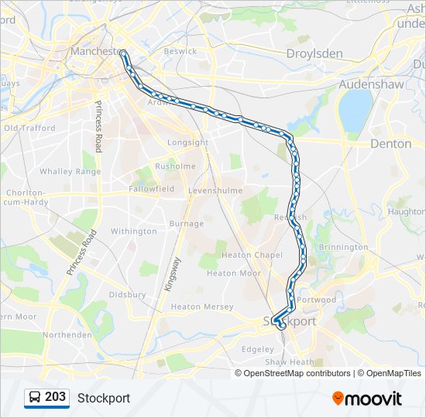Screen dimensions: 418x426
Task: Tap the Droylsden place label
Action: pyautogui.click(x=314, y=53)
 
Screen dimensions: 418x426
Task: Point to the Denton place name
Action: pyautogui.click(x=390, y=143)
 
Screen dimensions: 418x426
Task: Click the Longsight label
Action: pyautogui.click(x=187, y=143)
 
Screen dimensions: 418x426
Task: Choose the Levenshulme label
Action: pyautogui.click(x=215, y=190)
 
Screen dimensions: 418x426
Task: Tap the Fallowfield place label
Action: pyautogui.click(x=132, y=189)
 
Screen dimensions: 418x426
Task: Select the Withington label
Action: pyautogui.click(x=133, y=231)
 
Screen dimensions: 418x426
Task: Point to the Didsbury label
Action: pyautogui.click(x=127, y=294)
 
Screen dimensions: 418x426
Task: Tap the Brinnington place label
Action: pyautogui.click(x=343, y=247)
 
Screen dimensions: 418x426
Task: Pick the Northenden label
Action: pyautogui.click(x=67, y=334)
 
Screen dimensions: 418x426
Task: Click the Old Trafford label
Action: pyautogui.click(x=29, y=128)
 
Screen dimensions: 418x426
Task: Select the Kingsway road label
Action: pyautogui.click(x=171, y=274)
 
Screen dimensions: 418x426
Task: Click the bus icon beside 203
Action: pyautogui.click(x=34, y=398)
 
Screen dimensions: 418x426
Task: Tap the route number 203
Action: pyautogui.click(x=55, y=397)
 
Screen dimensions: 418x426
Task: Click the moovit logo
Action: pyautogui.click(x=367, y=399)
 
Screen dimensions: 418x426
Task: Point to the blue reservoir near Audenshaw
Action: pyautogui.click(x=356, y=110)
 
